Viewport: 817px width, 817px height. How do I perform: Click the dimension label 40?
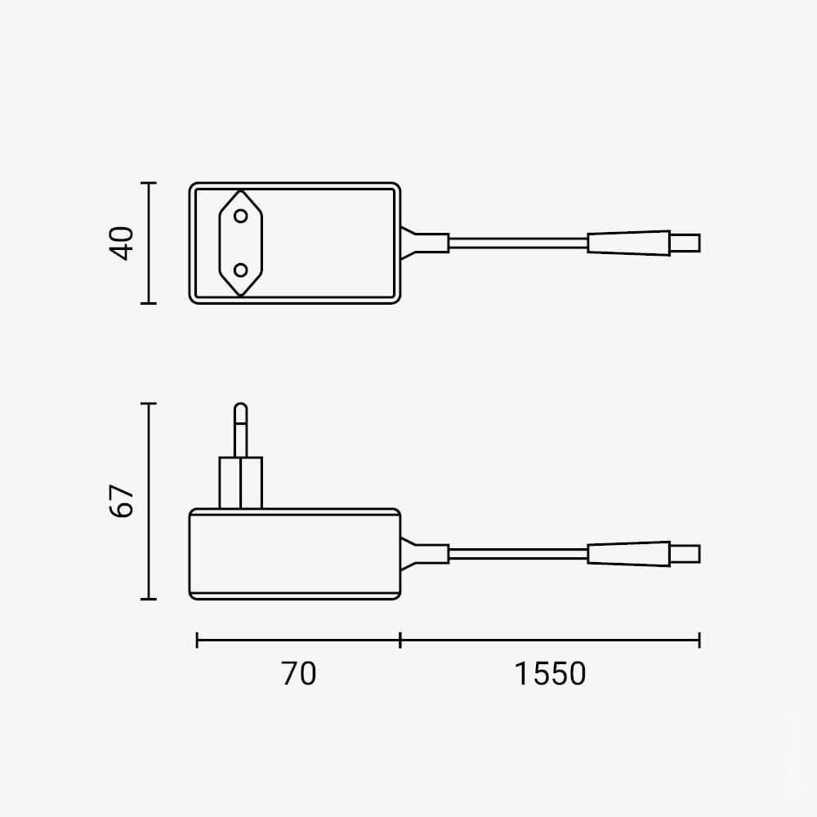(122, 243)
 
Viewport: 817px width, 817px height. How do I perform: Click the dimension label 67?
(122, 501)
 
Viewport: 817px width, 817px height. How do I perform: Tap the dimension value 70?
(298, 673)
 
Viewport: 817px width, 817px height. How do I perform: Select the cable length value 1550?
(550, 673)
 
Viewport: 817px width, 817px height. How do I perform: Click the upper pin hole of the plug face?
(241, 216)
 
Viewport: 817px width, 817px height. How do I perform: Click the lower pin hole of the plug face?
(241, 270)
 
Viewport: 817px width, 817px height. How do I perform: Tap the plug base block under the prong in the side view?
(241, 483)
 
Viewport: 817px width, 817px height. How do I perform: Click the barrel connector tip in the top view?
(685, 243)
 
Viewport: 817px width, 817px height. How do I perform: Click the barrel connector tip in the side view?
(685, 554)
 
